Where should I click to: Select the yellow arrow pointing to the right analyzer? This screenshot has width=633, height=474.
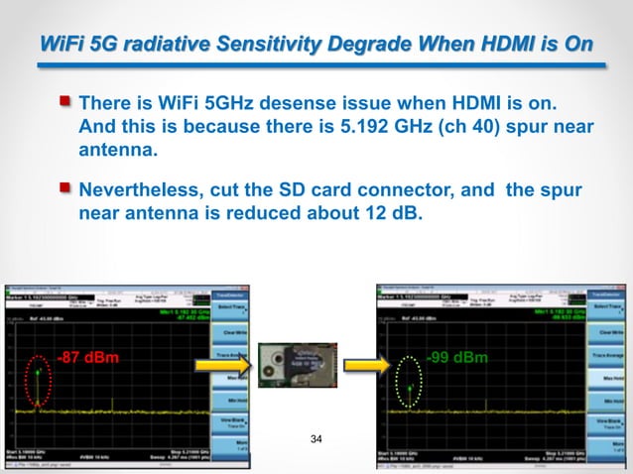[356, 368]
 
